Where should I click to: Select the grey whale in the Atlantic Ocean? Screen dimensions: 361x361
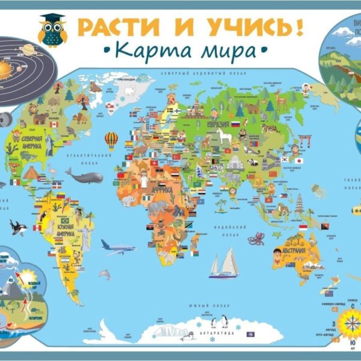[x=85, y=176]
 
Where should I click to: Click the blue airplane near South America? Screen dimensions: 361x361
[x=118, y=247]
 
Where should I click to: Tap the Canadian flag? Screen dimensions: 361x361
[x=59, y=133]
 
